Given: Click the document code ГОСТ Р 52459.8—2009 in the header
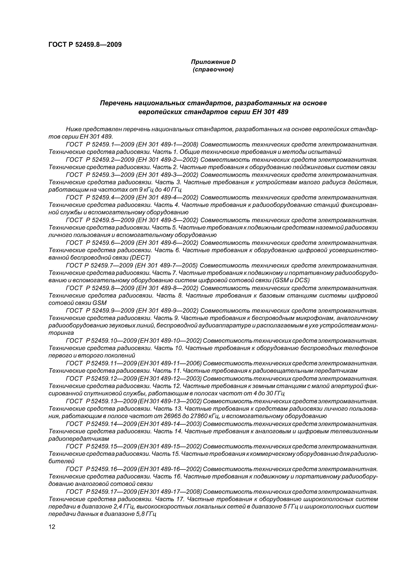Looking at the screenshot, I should [x=85, y=45].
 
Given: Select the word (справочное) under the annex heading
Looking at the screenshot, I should [x=213, y=69].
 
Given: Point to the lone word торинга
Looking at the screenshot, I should [x=61, y=333].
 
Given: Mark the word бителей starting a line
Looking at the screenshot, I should [x=61, y=461].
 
